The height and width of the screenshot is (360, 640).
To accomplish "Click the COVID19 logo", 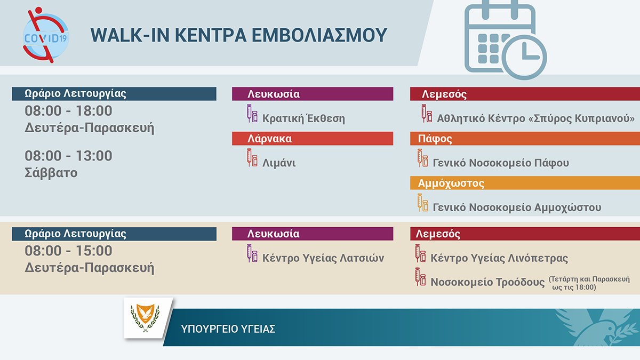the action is [46, 35].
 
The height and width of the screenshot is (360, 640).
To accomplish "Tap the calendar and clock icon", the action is [506, 39].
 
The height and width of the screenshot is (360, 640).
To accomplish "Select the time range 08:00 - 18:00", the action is [68, 111].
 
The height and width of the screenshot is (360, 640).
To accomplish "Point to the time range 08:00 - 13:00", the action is [68, 156].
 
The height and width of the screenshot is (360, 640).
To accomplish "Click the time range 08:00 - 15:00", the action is [68, 251].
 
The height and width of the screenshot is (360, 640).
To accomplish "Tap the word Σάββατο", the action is [51, 173].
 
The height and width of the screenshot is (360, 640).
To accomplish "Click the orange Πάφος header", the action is [525, 139].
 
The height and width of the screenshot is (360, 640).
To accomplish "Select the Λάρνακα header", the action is [313, 139].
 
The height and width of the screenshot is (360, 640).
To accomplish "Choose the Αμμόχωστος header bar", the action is [525, 183].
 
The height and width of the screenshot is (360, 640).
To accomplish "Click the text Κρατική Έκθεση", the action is [303, 118].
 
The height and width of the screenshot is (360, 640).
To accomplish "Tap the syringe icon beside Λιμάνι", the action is [252, 157].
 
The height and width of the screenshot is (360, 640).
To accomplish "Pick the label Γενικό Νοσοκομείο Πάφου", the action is [501, 163].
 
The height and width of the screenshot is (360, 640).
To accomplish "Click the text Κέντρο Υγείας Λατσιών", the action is [323, 258].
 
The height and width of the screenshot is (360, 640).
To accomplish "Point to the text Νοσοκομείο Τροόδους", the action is [487, 282].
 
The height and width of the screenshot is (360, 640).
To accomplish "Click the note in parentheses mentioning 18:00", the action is [589, 283].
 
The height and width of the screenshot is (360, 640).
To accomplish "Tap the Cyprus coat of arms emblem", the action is [145, 318].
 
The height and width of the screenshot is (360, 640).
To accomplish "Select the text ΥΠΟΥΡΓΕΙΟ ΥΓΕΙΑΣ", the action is [228, 329].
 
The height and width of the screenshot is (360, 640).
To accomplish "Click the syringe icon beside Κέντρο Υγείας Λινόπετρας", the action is [420, 253].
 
